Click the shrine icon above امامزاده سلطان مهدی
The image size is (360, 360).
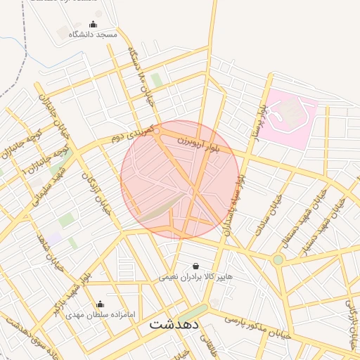pyautogui.click(x=100, y=304)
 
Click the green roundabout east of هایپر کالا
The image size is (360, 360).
pyautogui.click(x=278, y=259)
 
